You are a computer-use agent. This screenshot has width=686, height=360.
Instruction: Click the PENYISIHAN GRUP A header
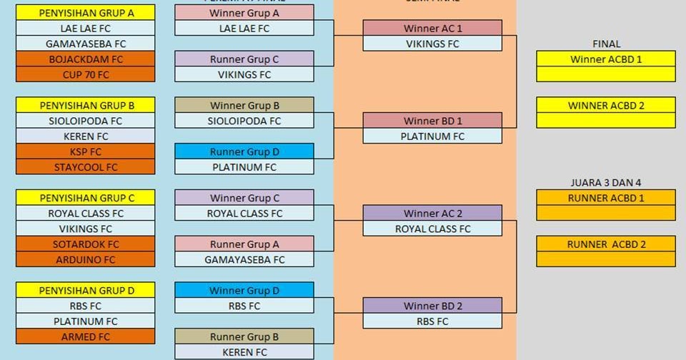coord(86,13)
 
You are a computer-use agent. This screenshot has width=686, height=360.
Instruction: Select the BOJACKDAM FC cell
coord(86,59)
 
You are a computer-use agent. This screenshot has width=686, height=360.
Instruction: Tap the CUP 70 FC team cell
coord(86,74)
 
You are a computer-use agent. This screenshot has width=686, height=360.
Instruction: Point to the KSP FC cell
coord(86,151)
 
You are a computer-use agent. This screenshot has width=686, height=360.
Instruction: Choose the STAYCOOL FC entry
coord(86,167)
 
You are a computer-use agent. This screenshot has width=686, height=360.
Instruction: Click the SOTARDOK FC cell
coord(86,244)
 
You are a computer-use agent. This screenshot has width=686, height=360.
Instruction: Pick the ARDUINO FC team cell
coord(86,260)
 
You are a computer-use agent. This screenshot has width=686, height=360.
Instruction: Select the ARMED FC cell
coord(86,336)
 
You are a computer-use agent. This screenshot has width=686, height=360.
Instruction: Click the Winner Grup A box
coord(244,13)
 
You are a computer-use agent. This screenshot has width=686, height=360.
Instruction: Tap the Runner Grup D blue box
coord(244,151)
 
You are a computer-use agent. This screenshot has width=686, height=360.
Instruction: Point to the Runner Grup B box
coord(244,336)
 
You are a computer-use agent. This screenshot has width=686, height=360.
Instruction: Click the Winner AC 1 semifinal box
coord(432,29)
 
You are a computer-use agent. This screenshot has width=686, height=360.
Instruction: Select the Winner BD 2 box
coord(432,306)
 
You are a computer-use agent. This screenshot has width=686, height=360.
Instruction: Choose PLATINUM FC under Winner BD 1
coord(432,136)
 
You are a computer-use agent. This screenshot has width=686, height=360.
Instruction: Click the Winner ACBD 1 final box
coord(606,59)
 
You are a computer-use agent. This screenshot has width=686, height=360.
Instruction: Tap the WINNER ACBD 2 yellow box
coord(606,106)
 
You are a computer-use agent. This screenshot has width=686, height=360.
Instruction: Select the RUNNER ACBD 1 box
coord(606,198)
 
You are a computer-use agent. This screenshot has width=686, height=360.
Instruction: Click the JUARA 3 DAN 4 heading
coord(606,183)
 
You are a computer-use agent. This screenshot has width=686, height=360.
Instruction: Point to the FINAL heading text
coord(606,44)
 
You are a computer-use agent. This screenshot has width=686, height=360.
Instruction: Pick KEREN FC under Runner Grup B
coord(244,352)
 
